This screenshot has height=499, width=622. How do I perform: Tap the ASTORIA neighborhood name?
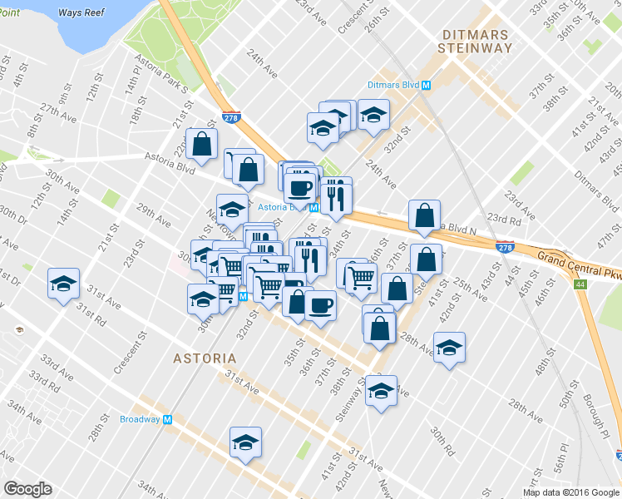[x=205, y=358]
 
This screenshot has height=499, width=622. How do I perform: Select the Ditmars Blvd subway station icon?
[x=426, y=85]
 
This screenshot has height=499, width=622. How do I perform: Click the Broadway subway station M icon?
[x=167, y=419]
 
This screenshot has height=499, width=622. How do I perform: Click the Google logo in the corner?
[x=27, y=489]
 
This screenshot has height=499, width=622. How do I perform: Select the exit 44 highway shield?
[x=579, y=284]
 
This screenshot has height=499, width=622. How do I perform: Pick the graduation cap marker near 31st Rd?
[x=64, y=284]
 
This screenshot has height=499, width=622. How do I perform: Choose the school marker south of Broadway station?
[x=245, y=443]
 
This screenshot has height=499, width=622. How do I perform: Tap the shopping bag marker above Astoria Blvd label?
[x=202, y=144]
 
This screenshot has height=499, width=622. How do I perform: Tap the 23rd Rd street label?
[x=503, y=218]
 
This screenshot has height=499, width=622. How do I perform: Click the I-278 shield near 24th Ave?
[x=231, y=119]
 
